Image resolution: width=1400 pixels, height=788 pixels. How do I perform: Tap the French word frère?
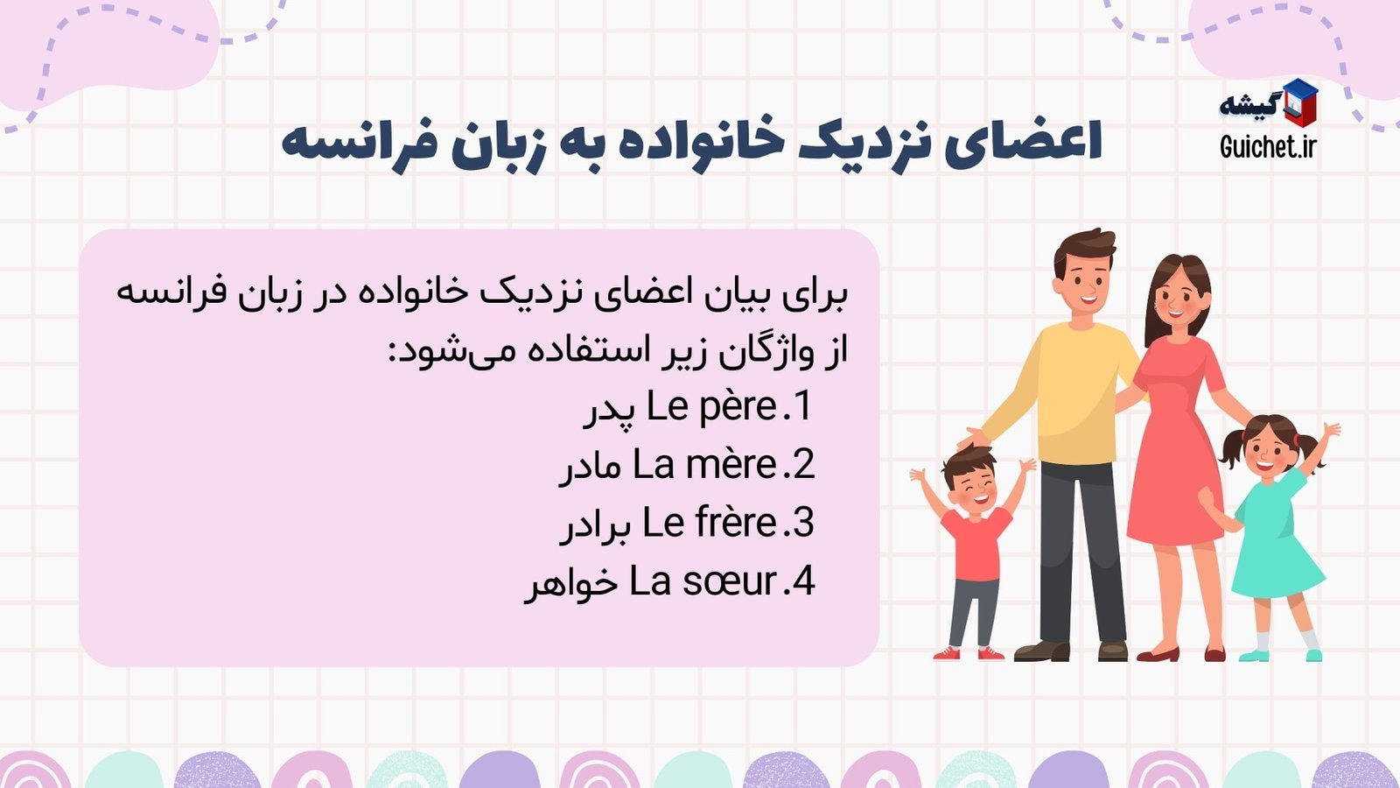(736, 524)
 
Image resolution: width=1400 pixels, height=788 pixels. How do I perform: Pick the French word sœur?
(730, 582)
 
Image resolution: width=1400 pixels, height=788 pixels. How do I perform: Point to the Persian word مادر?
(591, 468)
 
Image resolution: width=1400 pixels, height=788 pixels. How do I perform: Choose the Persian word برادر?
(595, 525)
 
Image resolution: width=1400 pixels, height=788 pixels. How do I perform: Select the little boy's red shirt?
(976, 543)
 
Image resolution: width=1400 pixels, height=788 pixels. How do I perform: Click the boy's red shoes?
(968, 652)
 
